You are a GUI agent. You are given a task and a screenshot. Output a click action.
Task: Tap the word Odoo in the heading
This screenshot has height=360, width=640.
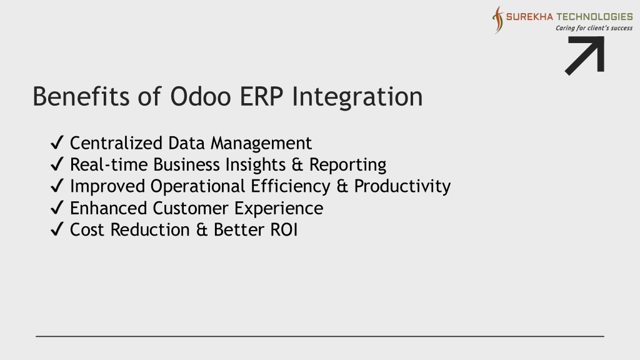[201, 97]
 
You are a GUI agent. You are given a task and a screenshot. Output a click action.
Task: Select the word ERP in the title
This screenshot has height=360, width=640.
[261, 97]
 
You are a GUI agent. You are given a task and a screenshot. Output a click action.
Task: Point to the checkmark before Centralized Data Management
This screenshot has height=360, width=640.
[57, 142]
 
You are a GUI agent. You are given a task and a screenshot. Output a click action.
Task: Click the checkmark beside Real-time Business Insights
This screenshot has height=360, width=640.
[57, 164]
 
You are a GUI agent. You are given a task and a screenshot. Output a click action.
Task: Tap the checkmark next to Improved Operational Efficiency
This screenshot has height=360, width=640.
[57, 186]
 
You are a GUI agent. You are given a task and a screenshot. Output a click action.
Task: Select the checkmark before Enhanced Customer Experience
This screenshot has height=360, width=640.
[57, 207]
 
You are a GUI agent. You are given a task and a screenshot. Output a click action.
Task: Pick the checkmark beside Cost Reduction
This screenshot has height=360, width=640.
[57, 229]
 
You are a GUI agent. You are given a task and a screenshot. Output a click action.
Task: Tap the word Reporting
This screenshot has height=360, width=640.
[347, 165]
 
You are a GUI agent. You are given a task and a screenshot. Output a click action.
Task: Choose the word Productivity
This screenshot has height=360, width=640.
[402, 186]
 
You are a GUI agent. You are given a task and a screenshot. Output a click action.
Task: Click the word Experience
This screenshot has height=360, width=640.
[279, 209]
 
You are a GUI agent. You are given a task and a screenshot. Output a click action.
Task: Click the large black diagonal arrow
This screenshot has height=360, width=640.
[586, 55]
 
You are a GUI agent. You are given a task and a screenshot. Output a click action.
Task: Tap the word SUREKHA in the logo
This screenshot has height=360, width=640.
[529, 17]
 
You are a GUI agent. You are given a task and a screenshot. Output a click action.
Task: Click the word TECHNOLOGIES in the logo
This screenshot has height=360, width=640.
[595, 17]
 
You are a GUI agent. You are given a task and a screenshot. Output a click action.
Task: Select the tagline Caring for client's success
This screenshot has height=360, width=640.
[594, 28]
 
